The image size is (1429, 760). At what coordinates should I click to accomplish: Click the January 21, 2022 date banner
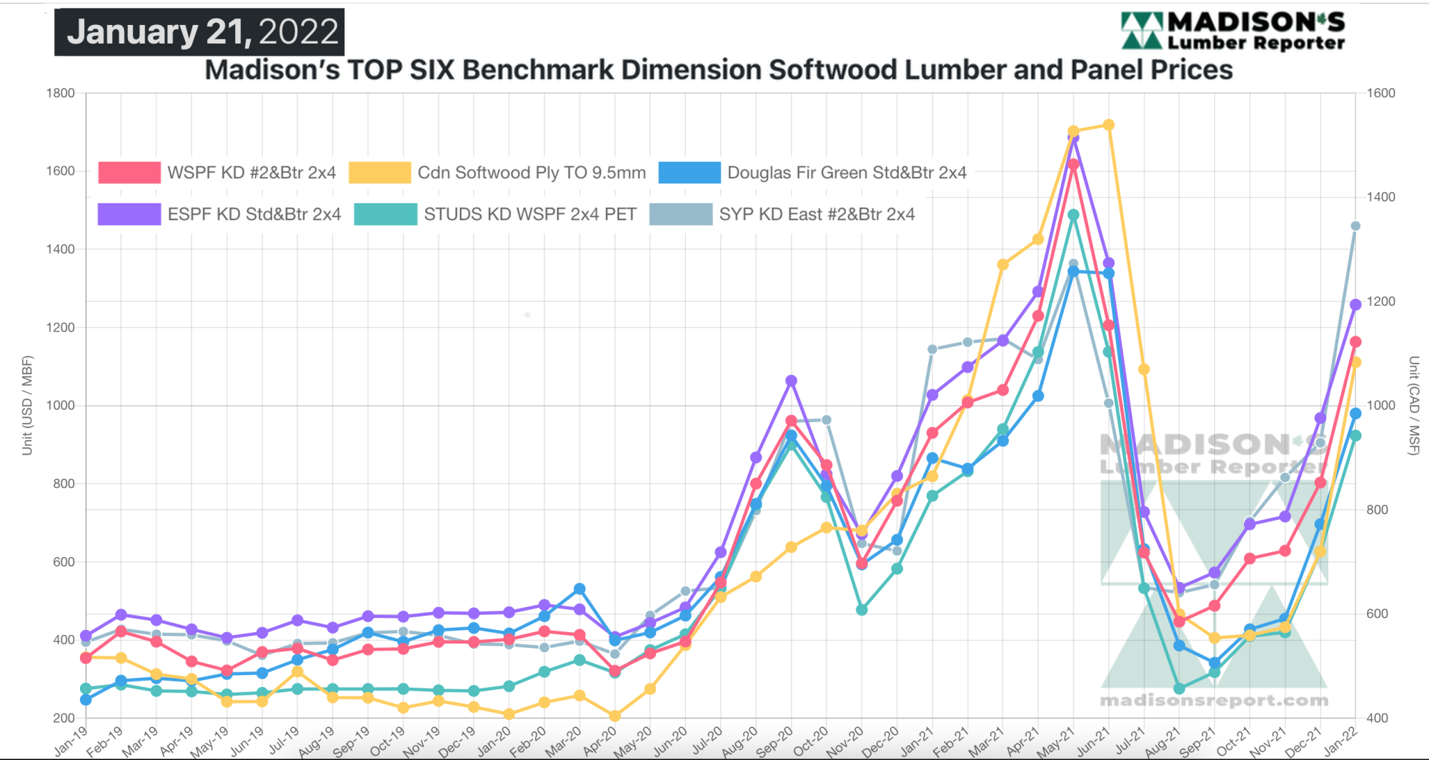(199, 32)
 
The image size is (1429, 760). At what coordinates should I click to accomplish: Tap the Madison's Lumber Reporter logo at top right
(1233, 31)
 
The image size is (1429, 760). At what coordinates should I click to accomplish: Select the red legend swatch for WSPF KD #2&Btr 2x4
(129, 173)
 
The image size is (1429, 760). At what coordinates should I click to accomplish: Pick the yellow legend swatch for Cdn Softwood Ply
(379, 173)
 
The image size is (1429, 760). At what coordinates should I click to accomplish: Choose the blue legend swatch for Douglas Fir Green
(689, 173)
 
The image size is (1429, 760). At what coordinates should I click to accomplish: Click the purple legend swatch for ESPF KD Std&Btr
(129, 214)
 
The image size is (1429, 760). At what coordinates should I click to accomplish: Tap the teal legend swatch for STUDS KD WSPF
(385, 214)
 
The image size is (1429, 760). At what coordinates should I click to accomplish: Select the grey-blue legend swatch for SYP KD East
(680, 214)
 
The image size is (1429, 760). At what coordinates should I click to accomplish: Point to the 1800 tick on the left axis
(61, 94)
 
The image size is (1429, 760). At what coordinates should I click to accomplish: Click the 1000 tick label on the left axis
(61, 406)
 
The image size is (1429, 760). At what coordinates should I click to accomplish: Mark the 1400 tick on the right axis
(1380, 197)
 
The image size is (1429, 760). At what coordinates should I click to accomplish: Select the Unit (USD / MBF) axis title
(27, 405)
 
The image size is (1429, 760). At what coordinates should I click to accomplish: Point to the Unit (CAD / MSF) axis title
(1413, 405)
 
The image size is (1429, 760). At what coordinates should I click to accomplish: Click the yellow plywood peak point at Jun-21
(1109, 125)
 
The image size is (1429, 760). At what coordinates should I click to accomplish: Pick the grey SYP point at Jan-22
(1355, 226)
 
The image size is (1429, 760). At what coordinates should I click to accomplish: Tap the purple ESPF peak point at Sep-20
(791, 381)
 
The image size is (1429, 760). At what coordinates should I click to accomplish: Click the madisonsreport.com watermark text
(1214, 701)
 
